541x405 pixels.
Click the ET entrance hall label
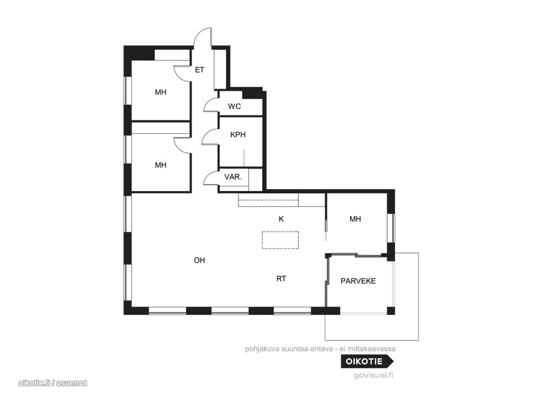(x=199, y=70)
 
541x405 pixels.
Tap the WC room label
(x=234, y=106)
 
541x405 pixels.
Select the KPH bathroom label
(x=238, y=134)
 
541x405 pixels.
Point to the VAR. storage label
(x=233, y=177)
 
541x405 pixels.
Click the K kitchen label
(x=281, y=219)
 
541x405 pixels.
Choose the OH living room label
(x=199, y=260)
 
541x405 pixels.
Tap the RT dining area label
(x=281, y=279)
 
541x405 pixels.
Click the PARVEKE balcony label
(x=358, y=281)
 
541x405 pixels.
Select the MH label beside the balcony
(x=355, y=219)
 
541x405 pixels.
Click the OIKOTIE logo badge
(x=367, y=361)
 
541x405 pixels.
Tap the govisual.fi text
(x=374, y=375)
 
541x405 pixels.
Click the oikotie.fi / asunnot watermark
(x=52, y=383)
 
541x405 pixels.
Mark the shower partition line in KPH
(x=244, y=159)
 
